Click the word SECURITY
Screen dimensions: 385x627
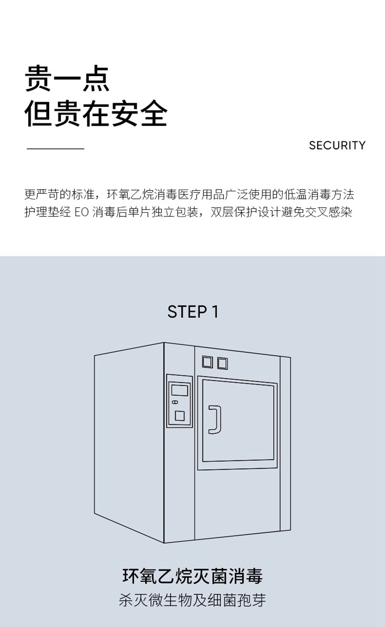pos(337,145)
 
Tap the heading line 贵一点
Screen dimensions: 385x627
pos(67,79)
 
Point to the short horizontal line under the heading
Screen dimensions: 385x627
pos(55,149)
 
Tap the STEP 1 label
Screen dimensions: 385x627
pos(192,312)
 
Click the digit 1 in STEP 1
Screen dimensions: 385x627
pos(215,312)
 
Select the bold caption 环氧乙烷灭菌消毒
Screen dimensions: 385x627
pos(192,576)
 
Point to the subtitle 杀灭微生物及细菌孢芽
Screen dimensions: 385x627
pos(192,600)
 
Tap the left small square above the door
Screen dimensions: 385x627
pos(207,362)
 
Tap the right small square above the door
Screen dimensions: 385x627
pos(222,363)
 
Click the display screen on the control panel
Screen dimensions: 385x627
pos(179,390)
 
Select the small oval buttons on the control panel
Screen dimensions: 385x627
pos(175,402)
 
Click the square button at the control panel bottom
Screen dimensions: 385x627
pos(179,416)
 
